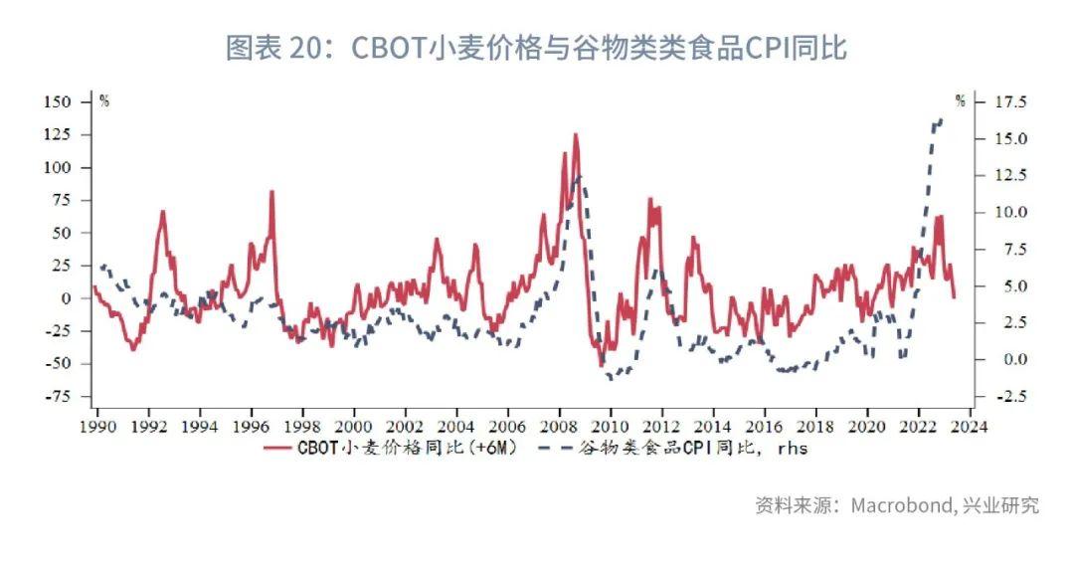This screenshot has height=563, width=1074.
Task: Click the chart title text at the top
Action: tap(536, 48)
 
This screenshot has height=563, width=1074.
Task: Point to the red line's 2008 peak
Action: tap(575, 134)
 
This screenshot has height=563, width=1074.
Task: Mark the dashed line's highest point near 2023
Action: tap(941, 119)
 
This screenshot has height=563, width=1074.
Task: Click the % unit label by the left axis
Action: tap(103, 100)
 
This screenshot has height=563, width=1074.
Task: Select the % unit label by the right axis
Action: tap(960, 100)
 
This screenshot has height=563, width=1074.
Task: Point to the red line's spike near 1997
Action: tap(271, 191)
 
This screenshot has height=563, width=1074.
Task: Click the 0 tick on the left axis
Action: tap(66, 298)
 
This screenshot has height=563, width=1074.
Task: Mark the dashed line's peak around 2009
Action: tap(579, 177)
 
